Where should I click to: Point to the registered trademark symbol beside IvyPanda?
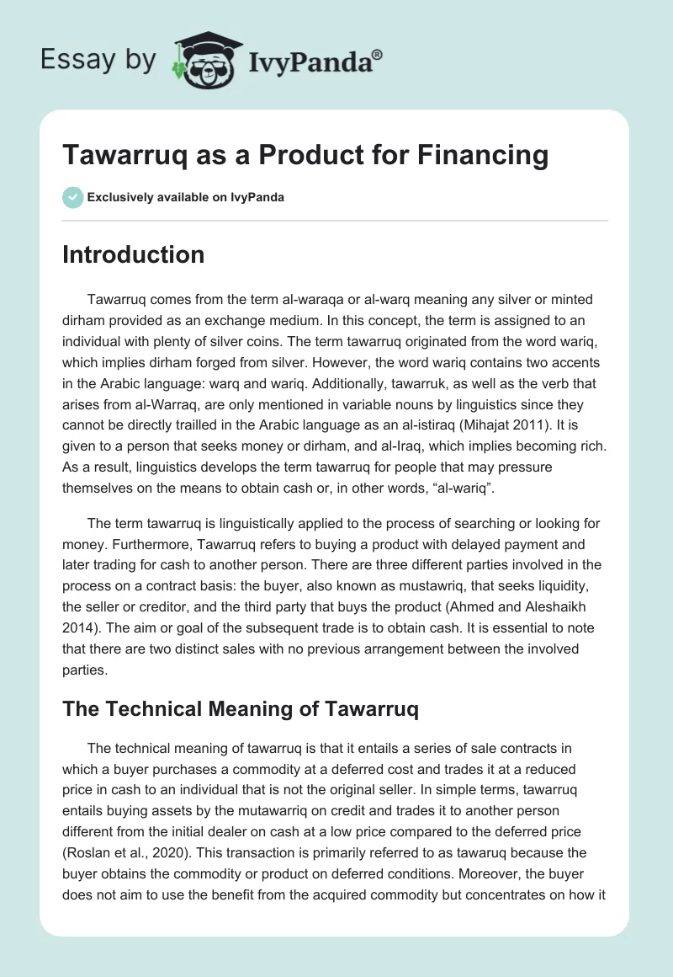[x=378, y=53]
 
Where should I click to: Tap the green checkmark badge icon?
[x=72, y=197]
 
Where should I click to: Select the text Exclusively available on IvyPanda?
[x=186, y=198]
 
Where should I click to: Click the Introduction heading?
[x=134, y=254]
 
